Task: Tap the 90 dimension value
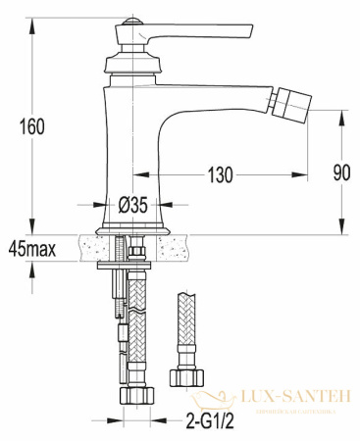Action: pos(340,173)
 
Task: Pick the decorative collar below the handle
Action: pos(129,67)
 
